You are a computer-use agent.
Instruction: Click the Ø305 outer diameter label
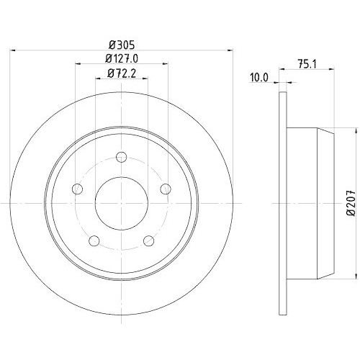(x=120, y=42)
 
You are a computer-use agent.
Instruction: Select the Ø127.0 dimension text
(x=120, y=57)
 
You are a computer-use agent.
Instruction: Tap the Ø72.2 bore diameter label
(x=120, y=72)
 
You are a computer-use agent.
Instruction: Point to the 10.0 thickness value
(x=258, y=77)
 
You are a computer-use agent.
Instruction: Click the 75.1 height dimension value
(x=309, y=63)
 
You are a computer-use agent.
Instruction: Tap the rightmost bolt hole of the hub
(x=166, y=189)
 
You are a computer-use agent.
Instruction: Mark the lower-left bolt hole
(x=93, y=241)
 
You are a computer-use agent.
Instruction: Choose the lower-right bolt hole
(x=149, y=241)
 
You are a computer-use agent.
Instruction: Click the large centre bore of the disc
(x=121, y=202)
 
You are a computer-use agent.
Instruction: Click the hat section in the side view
(x=310, y=204)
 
